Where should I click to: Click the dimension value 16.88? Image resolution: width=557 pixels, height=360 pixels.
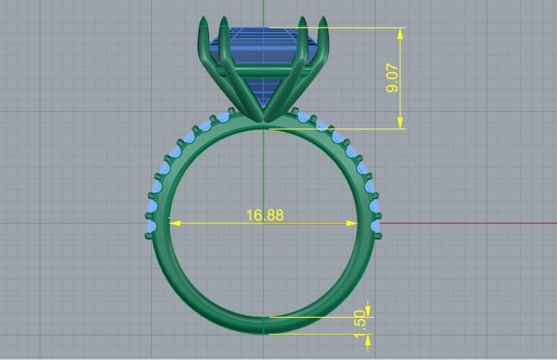pos(264,216)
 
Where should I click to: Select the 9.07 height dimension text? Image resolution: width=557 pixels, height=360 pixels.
pos(393,78)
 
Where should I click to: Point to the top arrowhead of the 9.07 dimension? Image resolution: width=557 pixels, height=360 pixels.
pos(400,32)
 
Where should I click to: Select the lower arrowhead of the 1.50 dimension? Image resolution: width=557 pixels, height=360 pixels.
pos(368,339)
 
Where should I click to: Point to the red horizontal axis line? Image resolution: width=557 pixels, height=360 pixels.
pos(465,223)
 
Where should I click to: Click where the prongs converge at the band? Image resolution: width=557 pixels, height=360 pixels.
pos(264,120)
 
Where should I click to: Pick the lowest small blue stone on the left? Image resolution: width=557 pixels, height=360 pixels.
pos(152,227)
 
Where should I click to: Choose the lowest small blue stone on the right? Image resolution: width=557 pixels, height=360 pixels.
pos(375,227)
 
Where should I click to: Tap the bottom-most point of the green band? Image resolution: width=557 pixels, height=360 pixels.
pos(264,333)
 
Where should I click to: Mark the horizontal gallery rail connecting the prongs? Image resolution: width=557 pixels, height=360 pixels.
pos(264,70)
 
